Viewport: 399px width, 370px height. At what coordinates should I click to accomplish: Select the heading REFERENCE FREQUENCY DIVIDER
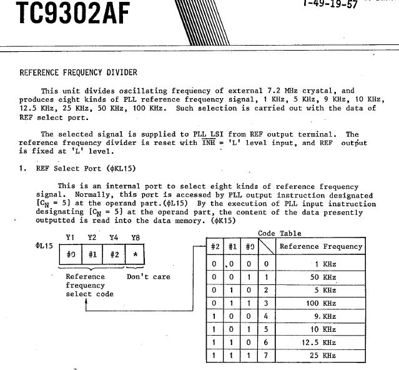click(79, 72)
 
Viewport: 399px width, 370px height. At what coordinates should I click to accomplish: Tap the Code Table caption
click(280, 233)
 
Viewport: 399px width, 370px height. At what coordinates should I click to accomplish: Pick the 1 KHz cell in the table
click(325, 264)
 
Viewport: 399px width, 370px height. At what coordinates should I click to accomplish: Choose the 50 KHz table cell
click(325, 277)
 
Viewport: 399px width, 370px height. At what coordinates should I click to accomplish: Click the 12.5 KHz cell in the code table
click(325, 342)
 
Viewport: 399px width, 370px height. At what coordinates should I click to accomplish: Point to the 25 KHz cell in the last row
click(325, 355)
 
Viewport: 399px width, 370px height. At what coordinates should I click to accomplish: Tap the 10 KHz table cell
click(325, 329)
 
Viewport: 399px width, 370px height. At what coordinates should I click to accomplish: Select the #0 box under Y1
click(71, 255)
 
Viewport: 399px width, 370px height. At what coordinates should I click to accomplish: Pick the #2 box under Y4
click(115, 255)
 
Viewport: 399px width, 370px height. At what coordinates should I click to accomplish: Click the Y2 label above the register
click(92, 237)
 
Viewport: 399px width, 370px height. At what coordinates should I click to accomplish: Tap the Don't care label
click(148, 276)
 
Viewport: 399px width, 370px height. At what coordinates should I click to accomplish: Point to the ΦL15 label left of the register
click(44, 246)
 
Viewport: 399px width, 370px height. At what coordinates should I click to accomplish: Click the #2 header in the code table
click(215, 246)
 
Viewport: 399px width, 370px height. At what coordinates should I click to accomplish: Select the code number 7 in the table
click(266, 355)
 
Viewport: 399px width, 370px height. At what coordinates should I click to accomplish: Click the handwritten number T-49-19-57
click(330, 3)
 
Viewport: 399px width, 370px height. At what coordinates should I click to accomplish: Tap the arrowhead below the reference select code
click(87, 302)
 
